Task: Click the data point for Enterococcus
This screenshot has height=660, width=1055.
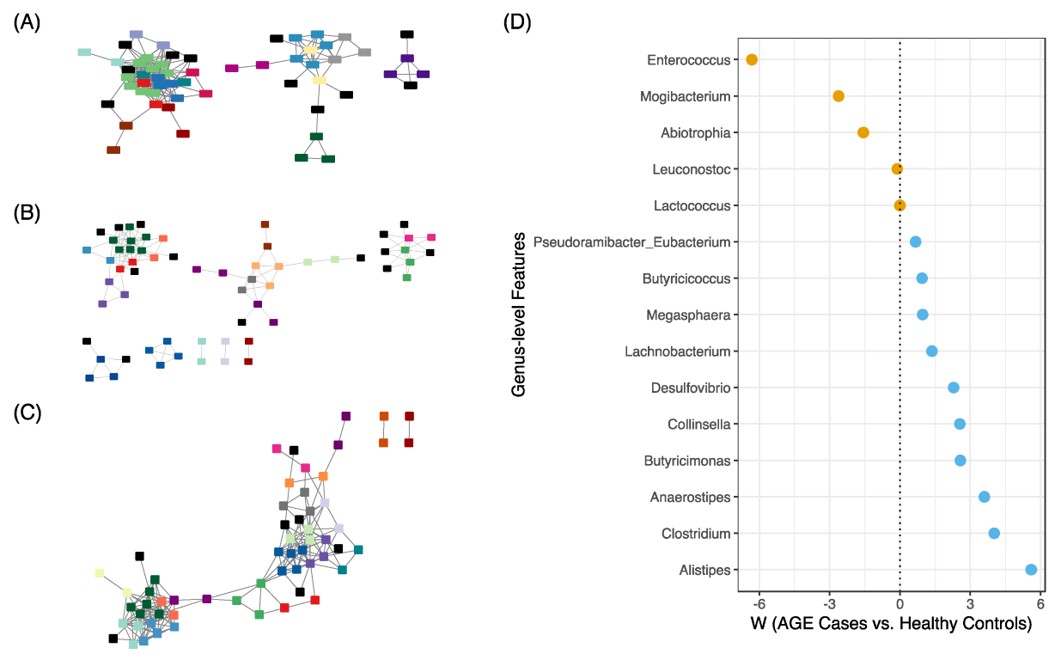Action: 752,59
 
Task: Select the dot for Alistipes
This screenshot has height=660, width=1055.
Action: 1031,569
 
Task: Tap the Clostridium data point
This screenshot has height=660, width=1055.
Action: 994,533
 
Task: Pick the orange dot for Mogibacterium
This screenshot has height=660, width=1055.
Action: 839,96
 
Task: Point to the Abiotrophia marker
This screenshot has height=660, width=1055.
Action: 863,132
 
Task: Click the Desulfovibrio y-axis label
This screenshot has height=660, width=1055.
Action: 691,388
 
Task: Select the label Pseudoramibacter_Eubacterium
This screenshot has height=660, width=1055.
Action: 632,242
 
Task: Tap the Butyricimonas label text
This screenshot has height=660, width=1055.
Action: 687,461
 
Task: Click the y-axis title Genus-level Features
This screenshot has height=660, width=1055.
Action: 519,315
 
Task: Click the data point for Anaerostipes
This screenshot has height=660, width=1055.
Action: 985,497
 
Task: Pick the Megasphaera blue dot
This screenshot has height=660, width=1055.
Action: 923,315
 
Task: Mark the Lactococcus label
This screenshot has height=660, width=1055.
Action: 692,206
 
